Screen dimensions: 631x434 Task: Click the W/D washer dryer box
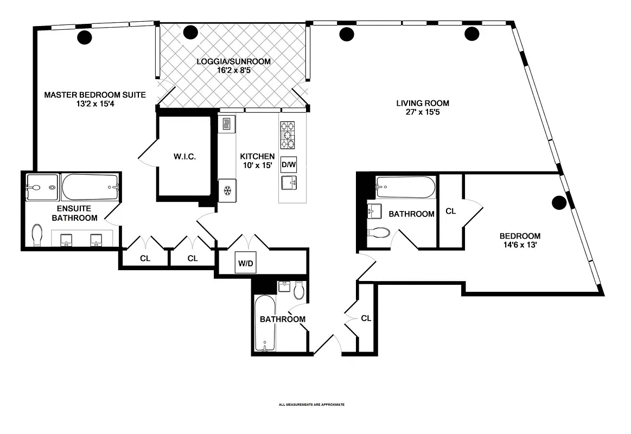[x=245, y=263]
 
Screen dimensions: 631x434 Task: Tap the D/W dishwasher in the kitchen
[x=289, y=164]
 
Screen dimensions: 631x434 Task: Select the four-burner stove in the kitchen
[x=288, y=135]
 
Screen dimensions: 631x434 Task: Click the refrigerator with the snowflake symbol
[x=227, y=190]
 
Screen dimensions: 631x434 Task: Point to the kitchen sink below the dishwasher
[x=289, y=182]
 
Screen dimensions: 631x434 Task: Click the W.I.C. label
[x=184, y=156]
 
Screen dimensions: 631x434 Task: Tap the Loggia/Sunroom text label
[x=233, y=61]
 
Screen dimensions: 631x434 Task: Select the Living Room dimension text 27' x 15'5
[x=423, y=112]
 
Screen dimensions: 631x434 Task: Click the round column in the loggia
[x=191, y=32]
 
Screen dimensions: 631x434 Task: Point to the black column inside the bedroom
[x=559, y=203]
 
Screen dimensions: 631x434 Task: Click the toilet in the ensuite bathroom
[x=37, y=235]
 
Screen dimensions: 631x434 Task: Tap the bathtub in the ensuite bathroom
[x=90, y=187]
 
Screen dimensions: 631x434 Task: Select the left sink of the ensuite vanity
[x=66, y=240]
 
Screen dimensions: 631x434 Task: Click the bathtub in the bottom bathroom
[x=265, y=323]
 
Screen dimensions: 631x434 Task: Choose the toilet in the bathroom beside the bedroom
[x=379, y=233]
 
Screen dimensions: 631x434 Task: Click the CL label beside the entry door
[x=366, y=318]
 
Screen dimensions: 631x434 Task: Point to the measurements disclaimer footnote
[x=311, y=405]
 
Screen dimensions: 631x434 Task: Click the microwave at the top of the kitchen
[x=225, y=123]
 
